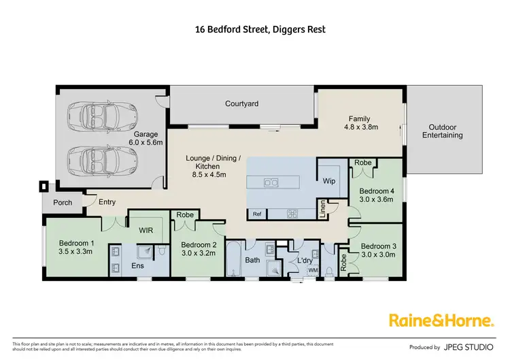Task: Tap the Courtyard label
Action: (242, 104)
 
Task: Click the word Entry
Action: (107, 201)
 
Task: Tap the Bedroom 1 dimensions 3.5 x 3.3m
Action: (76, 251)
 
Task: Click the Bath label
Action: (253, 260)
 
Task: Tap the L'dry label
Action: (305, 261)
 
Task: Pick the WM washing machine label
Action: (313, 271)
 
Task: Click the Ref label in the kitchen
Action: (257, 214)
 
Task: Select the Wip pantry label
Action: (329, 182)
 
